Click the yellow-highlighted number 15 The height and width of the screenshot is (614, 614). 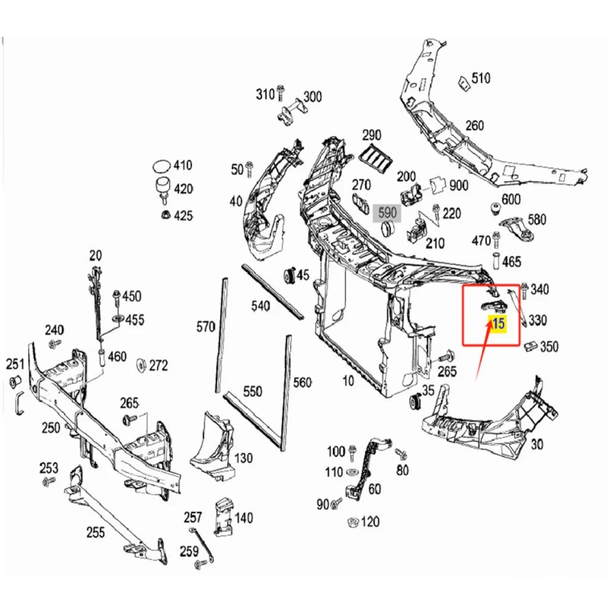pos(498,324)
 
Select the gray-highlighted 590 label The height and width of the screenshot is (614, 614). pos(387,213)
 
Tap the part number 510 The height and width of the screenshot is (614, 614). pos(481,79)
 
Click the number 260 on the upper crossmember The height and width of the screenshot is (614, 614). pos(474,126)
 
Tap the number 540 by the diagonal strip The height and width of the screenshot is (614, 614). pos(261,305)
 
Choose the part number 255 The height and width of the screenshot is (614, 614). pos(95,532)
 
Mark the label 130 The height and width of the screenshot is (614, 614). pos(244,458)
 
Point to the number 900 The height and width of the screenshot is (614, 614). pos(458,185)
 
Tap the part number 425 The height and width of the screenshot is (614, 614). pos(183,215)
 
